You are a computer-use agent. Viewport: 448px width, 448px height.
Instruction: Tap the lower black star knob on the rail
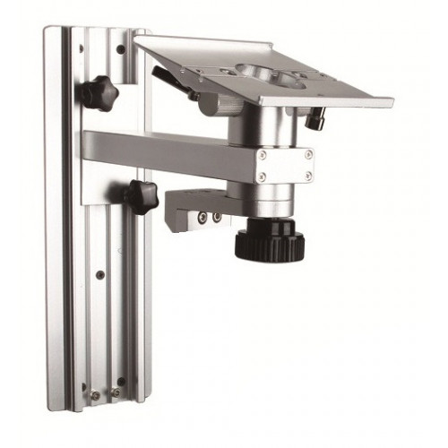point(141,195)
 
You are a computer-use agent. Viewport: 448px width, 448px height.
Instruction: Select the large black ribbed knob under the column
point(270,241)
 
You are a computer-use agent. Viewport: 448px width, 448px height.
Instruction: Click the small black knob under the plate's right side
point(314,118)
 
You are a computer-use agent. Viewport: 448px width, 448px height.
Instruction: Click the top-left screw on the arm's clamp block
point(262,155)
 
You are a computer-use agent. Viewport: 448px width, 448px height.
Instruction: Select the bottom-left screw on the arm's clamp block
point(262,177)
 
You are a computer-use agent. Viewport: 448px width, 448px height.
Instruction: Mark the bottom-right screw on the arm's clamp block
point(308,177)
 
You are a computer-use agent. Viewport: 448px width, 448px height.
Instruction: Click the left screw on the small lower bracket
point(203,217)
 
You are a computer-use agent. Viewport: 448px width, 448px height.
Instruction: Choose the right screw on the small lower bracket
point(217,217)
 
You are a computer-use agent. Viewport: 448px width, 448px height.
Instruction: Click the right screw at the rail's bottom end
point(115,392)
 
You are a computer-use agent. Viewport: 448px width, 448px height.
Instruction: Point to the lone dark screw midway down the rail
point(99,274)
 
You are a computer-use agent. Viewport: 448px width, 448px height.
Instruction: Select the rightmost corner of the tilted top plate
point(392,102)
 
